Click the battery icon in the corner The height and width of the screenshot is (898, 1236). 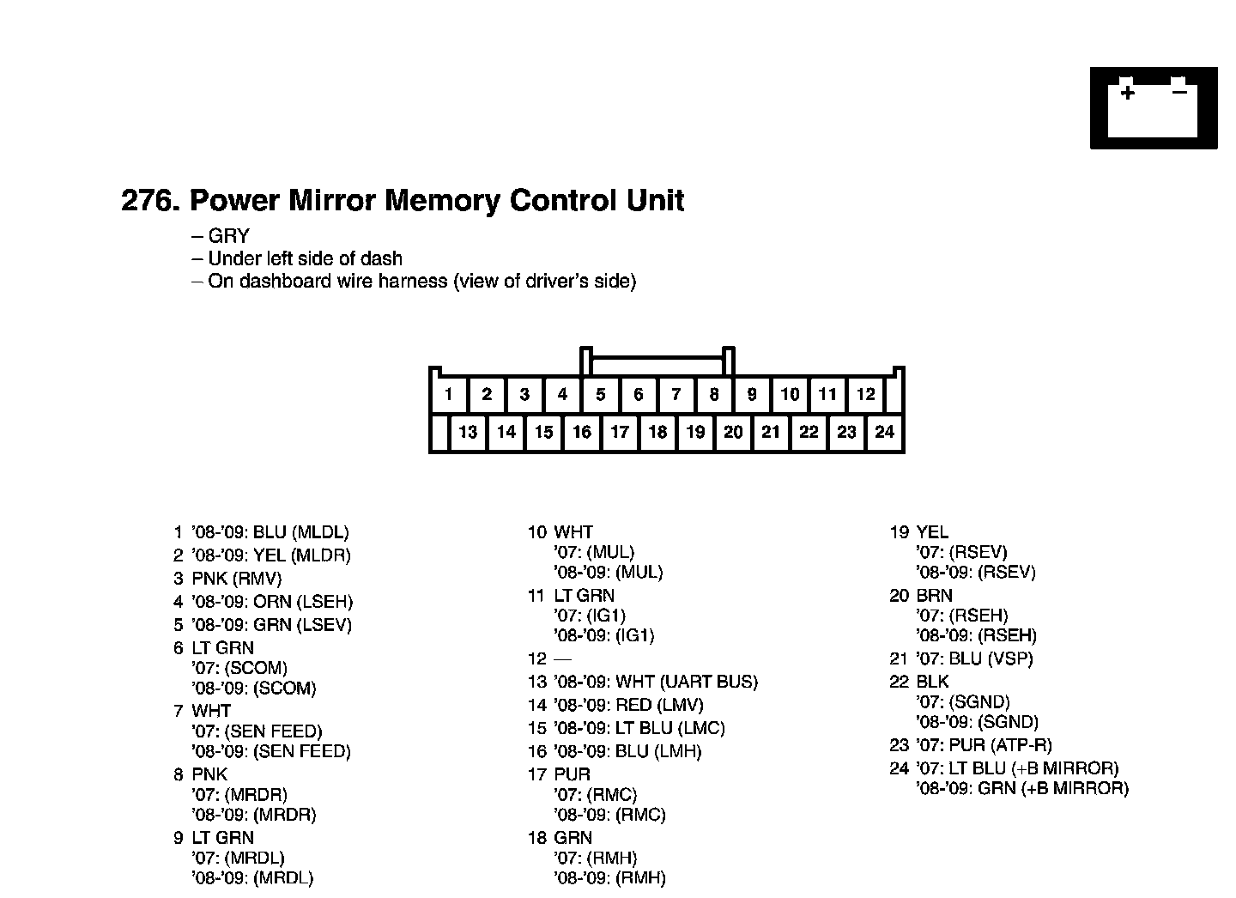tap(1154, 108)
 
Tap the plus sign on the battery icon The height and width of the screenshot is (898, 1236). tap(1127, 92)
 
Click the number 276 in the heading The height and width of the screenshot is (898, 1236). tap(148, 201)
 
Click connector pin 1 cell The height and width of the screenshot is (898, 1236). tap(448, 394)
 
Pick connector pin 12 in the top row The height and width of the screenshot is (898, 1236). tap(865, 394)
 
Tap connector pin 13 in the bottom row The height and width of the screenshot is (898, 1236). tap(468, 432)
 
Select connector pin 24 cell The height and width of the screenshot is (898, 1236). tap(884, 432)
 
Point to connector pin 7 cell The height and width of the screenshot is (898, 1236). tap(676, 394)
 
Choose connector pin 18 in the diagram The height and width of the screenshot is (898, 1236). tap(657, 432)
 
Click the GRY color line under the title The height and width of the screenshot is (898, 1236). tap(228, 236)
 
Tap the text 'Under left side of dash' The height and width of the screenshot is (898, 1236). tap(305, 258)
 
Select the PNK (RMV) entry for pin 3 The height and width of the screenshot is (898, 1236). tap(236, 579)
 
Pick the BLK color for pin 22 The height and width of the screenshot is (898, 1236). tap(932, 682)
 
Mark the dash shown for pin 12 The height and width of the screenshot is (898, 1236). tap(562, 658)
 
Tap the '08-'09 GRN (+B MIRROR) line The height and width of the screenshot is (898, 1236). tap(1021, 788)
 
